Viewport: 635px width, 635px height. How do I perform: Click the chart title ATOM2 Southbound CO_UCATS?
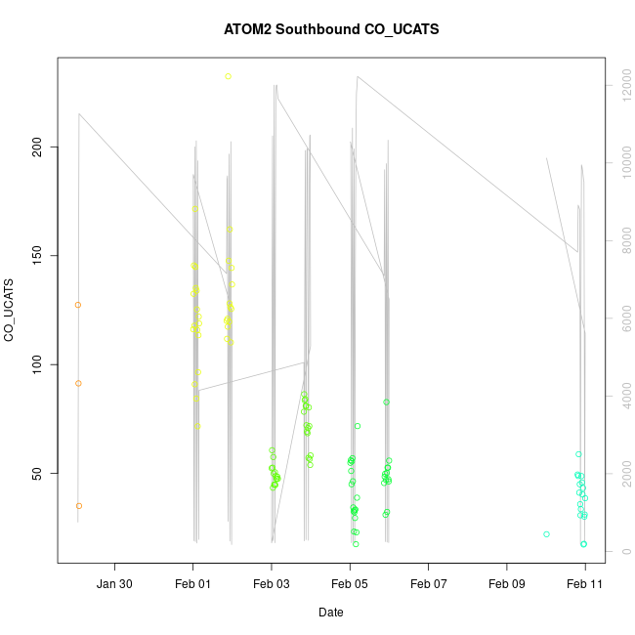click(x=331, y=29)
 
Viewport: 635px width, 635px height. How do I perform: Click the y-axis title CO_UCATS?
click(x=10, y=310)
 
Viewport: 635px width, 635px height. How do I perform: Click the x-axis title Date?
click(x=331, y=613)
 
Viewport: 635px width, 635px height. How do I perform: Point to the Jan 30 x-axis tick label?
click(x=115, y=584)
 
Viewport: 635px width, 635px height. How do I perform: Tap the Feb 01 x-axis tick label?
click(x=193, y=584)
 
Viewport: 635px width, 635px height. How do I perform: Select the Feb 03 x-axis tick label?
click(x=272, y=584)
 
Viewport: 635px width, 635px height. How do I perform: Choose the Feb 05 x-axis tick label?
click(x=350, y=584)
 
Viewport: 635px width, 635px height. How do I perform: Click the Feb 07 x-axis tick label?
click(x=428, y=584)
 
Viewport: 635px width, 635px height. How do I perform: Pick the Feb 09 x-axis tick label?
click(x=507, y=584)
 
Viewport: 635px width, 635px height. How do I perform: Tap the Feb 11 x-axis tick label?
click(x=585, y=584)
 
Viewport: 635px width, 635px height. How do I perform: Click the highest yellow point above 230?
click(x=228, y=76)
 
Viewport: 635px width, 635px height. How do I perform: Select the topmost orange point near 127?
click(x=78, y=305)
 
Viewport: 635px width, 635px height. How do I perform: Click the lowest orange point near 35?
click(x=78, y=506)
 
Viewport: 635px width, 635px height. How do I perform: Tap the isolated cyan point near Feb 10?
click(x=546, y=534)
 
